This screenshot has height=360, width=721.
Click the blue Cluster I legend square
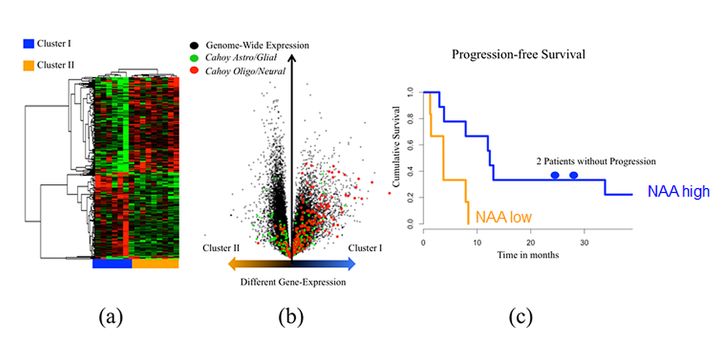pyautogui.click(x=29, y=43)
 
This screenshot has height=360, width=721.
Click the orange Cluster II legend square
pyautogui.click(x=29, y=65)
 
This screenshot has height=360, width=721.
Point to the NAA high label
pyautogui.click(x=678, y=192)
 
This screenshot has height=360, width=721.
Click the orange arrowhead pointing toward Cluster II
pyautogui.click(x=232, y=265)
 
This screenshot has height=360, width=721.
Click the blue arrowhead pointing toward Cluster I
pyautogui.click(x=351, y=265)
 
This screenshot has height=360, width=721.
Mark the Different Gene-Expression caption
pyautogui.click(x=293, y=282)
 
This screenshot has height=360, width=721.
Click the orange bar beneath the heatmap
pyautogui.click(x=155, y=264)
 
